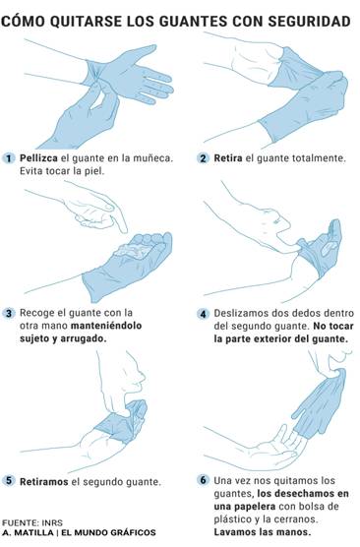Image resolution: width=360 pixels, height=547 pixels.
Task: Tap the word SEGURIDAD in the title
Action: [309, 22]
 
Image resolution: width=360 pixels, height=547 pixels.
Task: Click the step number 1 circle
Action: [9, 158]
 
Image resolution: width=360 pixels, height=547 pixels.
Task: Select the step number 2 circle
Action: [203, 158]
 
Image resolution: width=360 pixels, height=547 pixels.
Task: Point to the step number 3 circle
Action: [9, 313]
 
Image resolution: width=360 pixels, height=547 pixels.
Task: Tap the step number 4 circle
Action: [203, 314]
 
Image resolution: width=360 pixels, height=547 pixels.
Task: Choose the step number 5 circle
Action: [9, 481]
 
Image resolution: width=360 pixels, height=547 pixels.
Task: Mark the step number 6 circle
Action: [203, 480]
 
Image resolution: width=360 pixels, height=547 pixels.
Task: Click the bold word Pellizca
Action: [38, 158]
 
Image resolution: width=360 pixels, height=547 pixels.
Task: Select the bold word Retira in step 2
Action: [228, 158]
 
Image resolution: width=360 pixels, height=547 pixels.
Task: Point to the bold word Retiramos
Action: [43, 482]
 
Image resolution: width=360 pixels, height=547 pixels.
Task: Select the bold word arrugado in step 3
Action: [84, 338]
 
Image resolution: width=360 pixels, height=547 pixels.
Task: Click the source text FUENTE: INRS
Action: [32, 523]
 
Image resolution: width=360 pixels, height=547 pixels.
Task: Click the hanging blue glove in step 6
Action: [319, 404]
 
